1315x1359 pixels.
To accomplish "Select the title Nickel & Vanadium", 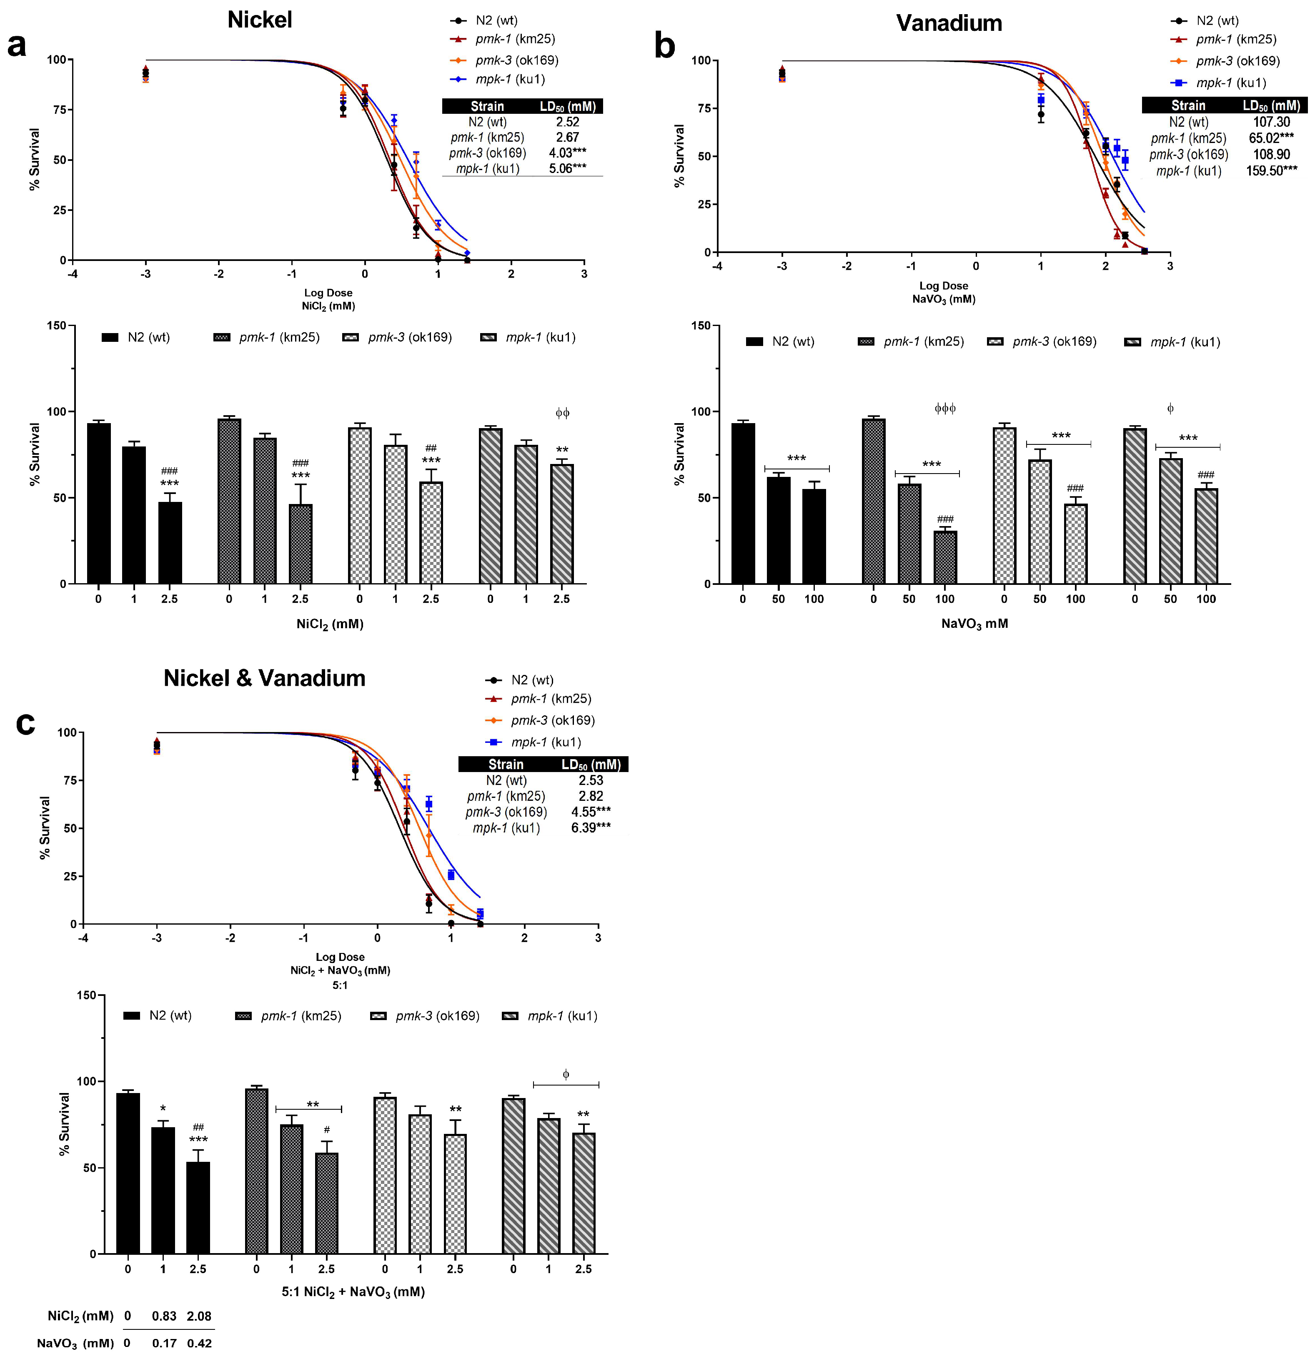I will click(264, 678).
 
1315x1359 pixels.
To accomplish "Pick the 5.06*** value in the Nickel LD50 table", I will click(567, 168).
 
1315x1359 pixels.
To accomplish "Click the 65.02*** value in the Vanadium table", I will click(1271, 138).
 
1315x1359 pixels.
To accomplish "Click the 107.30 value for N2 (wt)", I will click(1271, 122).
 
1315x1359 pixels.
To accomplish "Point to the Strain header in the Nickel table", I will click(487, 106).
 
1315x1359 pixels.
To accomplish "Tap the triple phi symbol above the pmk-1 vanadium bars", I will click(945, 409).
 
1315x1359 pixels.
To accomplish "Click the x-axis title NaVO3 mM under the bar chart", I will click(974, 623).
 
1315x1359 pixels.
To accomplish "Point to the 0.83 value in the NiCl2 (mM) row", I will click(164, 1316).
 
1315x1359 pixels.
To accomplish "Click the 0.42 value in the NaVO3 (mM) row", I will click(200, 1343).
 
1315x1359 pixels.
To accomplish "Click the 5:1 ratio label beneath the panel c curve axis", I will click(340, 985).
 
